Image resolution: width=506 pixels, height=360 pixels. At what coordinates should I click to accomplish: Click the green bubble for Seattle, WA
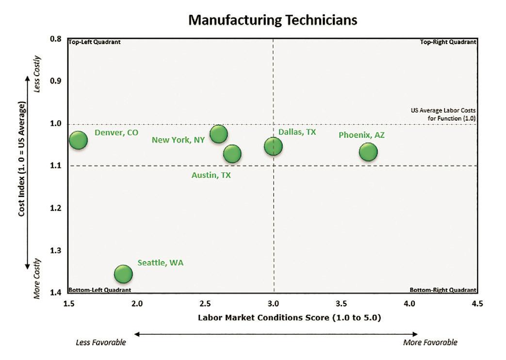point(123,274)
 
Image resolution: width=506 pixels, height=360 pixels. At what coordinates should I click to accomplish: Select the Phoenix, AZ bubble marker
point(368,152)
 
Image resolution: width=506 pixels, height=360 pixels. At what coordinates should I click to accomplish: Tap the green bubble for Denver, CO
point(78,140)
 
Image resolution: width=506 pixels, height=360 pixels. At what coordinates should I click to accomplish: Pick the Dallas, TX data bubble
point(273,146)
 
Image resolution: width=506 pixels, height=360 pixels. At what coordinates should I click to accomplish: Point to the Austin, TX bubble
point(232,154)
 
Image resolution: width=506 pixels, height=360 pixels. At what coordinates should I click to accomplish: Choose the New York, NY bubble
point(218,133)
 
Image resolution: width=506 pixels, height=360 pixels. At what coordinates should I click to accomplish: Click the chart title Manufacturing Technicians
point(273,20)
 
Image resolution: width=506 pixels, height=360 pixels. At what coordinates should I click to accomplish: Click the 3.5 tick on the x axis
point(342,304)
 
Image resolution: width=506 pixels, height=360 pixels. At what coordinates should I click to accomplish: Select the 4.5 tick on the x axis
point(477,304)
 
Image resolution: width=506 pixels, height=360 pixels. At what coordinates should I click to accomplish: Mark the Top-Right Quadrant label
point(448,42)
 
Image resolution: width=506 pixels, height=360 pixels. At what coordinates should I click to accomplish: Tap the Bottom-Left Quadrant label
point(100,290)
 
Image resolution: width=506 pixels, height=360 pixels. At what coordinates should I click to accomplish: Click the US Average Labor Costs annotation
point(443,113)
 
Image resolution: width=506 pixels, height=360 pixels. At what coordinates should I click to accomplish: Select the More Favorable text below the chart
point(430,343)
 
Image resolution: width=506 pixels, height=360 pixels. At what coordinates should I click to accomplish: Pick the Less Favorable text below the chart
point(101,343)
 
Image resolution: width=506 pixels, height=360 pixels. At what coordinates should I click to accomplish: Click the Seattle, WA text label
point(161,262)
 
